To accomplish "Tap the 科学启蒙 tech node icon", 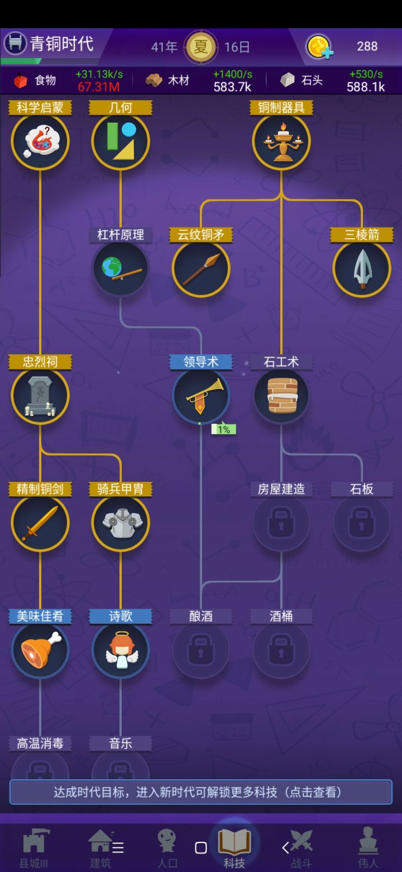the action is [x=40, y=141].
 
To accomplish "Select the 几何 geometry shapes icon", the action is [x=121, y=141].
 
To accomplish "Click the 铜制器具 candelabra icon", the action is [x=281, y=141].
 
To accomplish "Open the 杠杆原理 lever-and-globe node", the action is [x=121, y=269].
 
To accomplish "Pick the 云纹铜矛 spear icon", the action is [x=201, y=269].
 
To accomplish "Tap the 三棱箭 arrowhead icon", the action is [x=362, y=269].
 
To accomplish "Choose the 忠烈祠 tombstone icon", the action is [x=40, y=396].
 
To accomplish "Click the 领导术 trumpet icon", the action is [x=201, y=396].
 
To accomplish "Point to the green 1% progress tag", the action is [x=223, y=429].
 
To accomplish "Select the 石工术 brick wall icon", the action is [x=281, y=396].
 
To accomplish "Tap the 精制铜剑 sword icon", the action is [x=40, y=523].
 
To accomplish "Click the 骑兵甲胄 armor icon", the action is [x=121, y=523].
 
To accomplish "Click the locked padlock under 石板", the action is [x=362, y=523].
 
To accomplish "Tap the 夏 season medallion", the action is [x=201, y=47].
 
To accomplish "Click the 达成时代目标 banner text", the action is [x=198, y=792].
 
